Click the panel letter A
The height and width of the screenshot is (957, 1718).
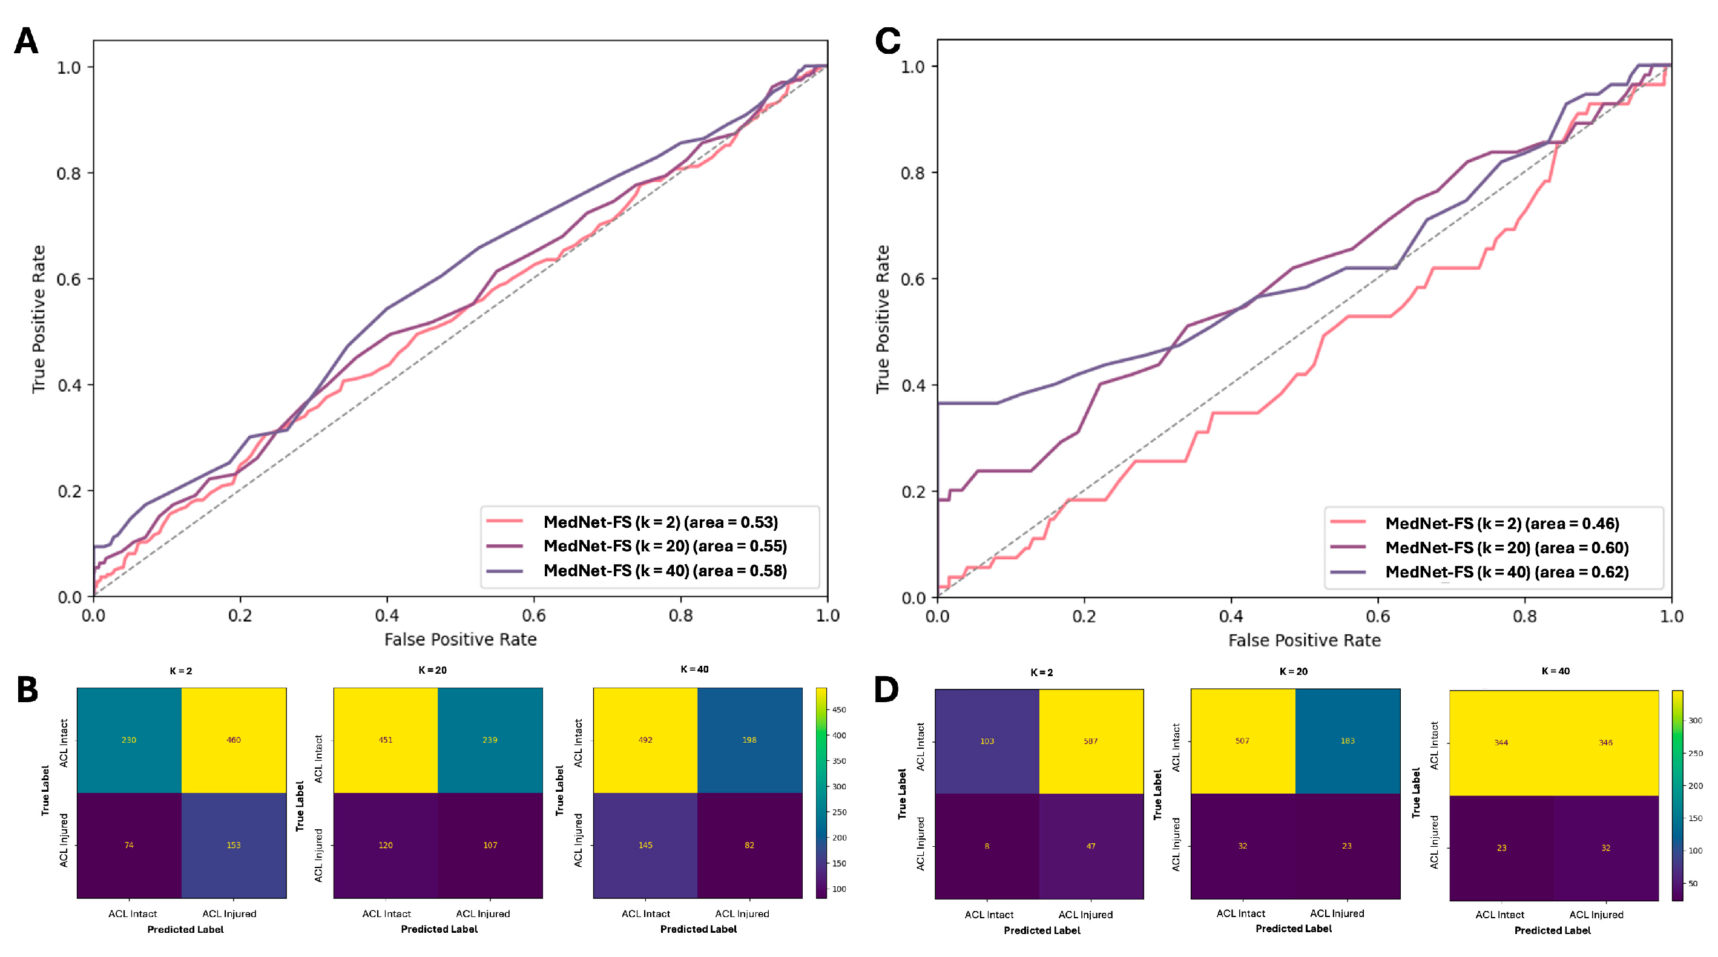click(x=26, y=41)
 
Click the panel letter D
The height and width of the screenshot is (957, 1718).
click(x=886, y=689)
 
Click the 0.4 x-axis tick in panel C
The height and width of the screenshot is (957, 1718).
click(x=1231, y=616)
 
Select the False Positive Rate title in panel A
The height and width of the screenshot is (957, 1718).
click(x=460, y=640)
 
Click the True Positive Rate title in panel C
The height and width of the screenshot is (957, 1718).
click(x=883, y=320)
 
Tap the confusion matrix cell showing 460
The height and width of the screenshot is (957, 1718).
click(x=234, y=740)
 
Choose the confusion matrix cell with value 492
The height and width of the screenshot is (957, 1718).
click(x=645, y=740)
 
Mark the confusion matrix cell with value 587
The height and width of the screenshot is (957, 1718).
click(x=1090, y=741)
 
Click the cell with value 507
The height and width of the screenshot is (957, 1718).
click(x=1242, y=741)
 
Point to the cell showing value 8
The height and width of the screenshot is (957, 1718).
click(x=987, y=846)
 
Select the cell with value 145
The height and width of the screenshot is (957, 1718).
click(x=645, y=846)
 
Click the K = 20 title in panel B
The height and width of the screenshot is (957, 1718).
click(x=432, y=670)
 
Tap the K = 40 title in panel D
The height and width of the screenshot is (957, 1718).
click(x=1555, y=671)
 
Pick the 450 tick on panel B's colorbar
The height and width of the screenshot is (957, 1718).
click(x=839, y=710)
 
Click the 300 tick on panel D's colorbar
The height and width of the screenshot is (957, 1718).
click(x=1694, y=721)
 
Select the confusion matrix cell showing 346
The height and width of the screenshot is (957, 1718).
click(x=1605, y=743)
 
